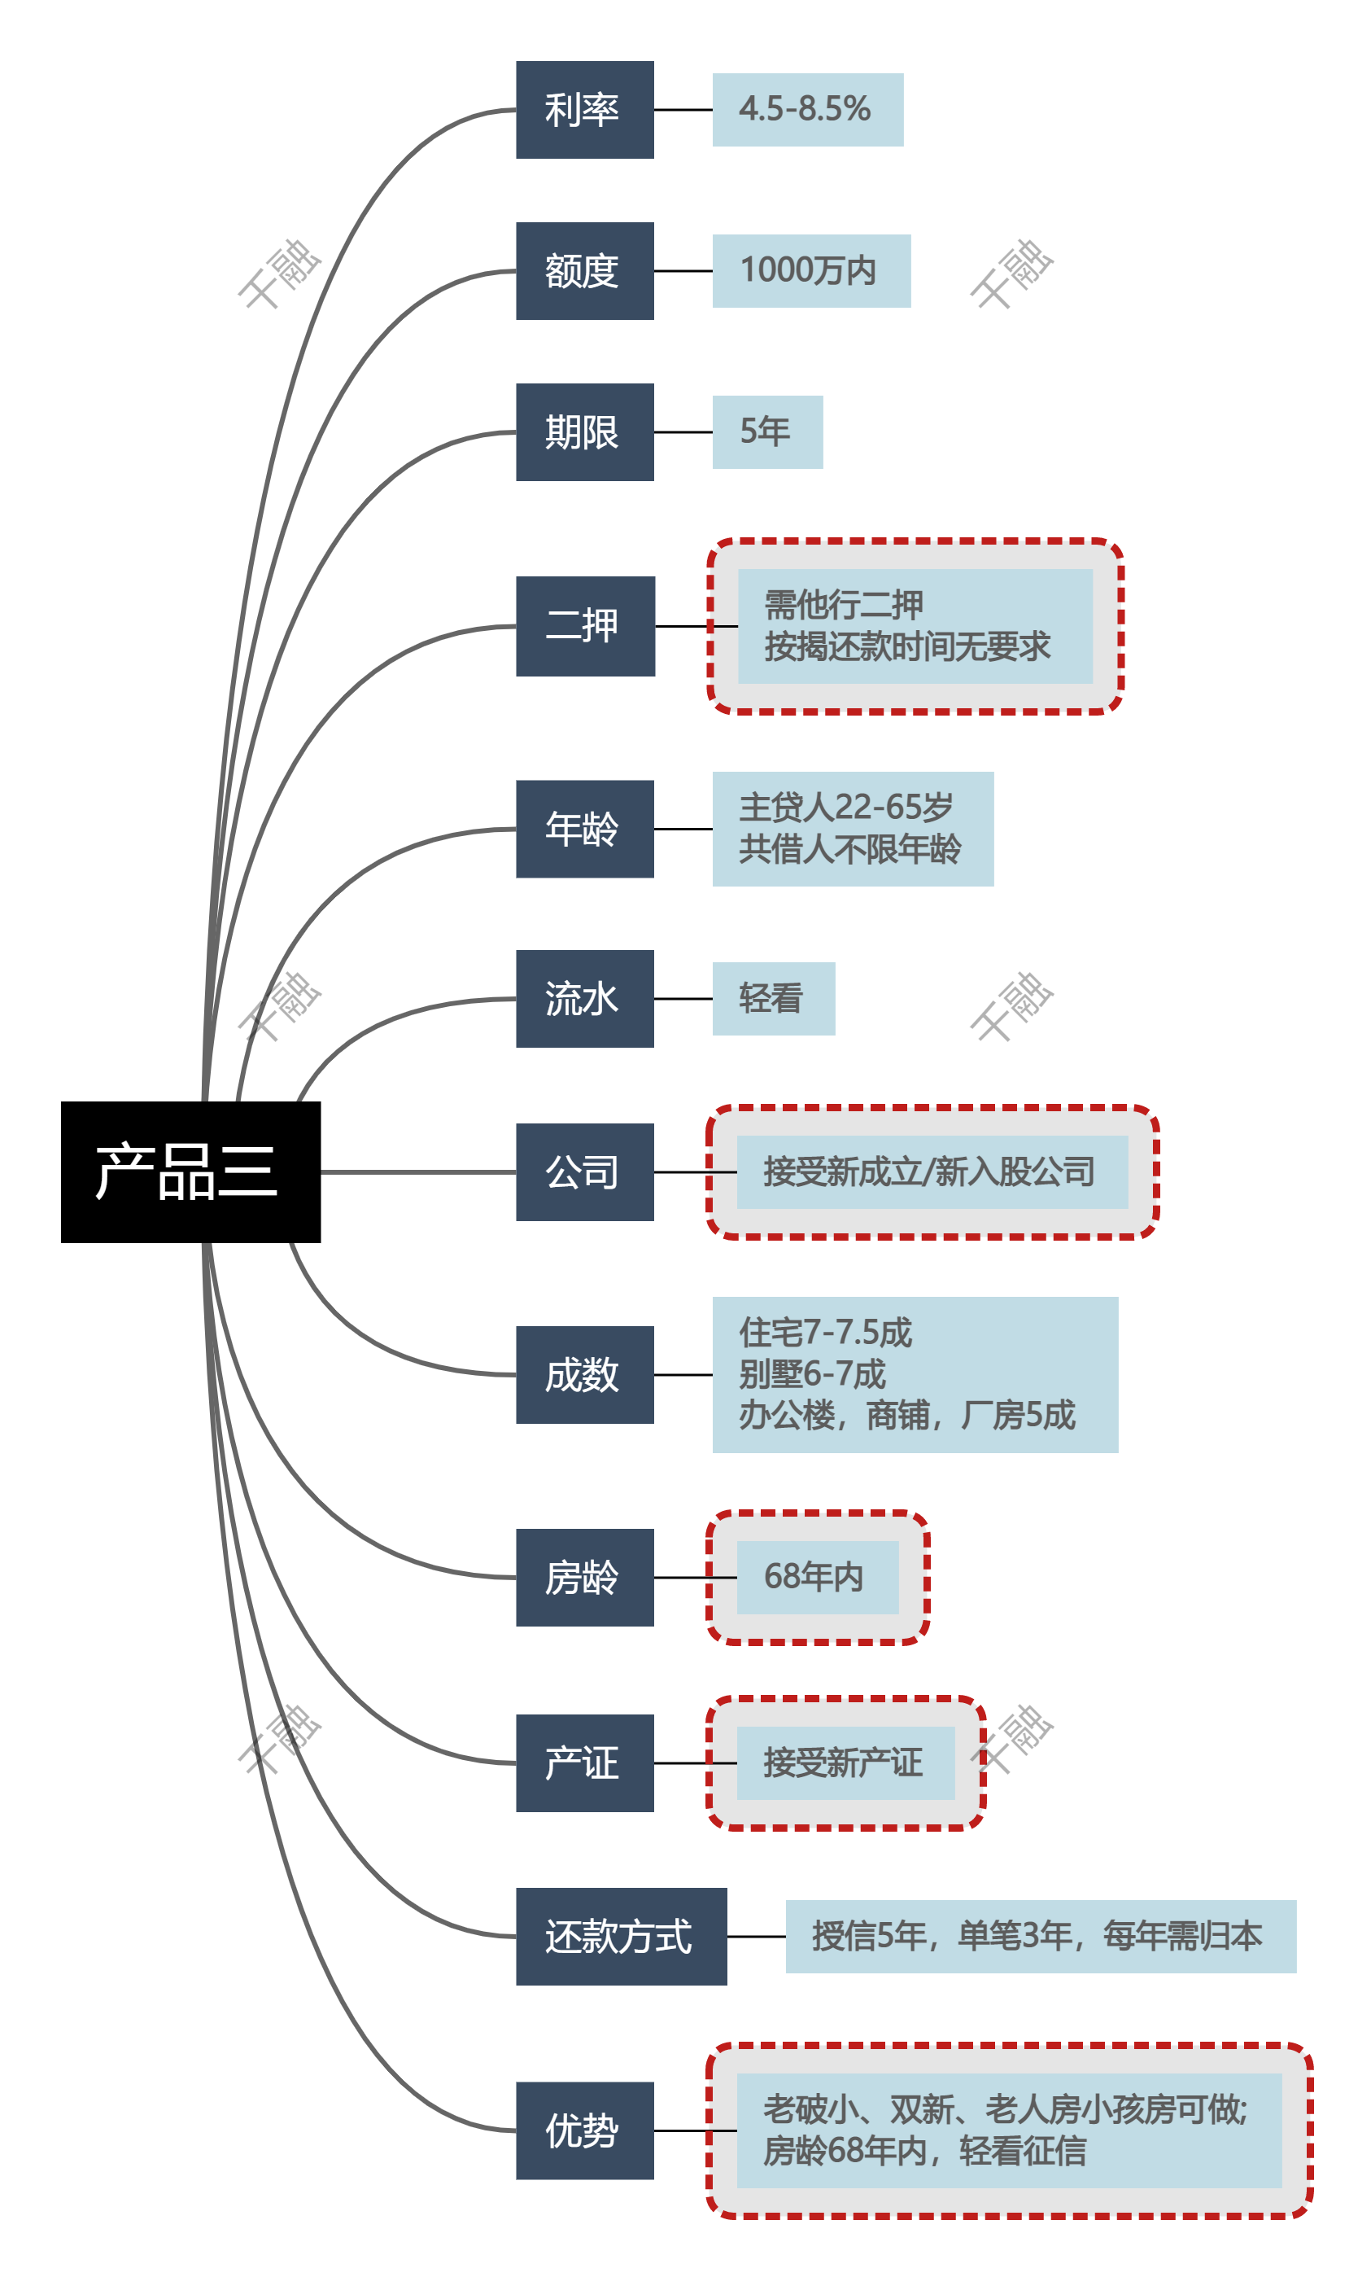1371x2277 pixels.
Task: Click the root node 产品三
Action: [190, 1171]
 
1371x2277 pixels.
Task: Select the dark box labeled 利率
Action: [585, 110]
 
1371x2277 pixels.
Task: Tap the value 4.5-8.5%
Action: [806, 110]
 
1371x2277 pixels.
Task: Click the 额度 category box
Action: [585, 271]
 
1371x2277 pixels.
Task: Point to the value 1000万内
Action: [810, 271]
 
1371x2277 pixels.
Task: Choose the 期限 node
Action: [585, 431]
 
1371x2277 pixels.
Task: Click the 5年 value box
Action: [766, 431]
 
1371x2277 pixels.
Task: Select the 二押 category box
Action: [585, 625]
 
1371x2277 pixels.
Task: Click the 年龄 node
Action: [585, 829]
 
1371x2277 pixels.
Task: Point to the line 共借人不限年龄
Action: [850, 849]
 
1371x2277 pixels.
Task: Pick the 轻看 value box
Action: [773, 998]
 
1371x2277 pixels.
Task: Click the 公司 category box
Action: [585, 1171]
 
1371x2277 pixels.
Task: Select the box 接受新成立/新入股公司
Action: [932, 1171]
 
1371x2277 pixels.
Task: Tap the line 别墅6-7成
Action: [813, 1374]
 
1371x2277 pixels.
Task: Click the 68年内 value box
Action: [817, 1577]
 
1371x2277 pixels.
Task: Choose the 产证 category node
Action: [585, 1762]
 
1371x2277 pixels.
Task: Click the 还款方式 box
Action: [621, 1936]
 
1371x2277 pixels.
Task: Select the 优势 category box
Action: [585, 2130]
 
